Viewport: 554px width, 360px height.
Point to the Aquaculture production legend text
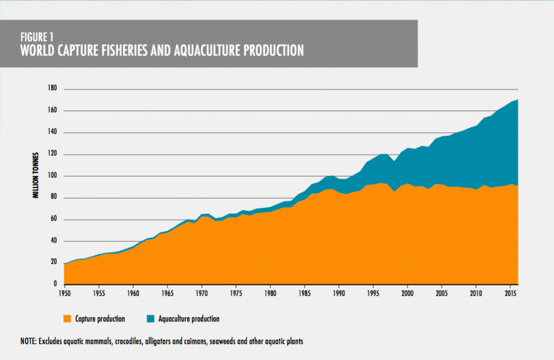[x=189, y=319]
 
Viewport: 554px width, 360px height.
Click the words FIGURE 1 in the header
[x=37, y=37]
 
